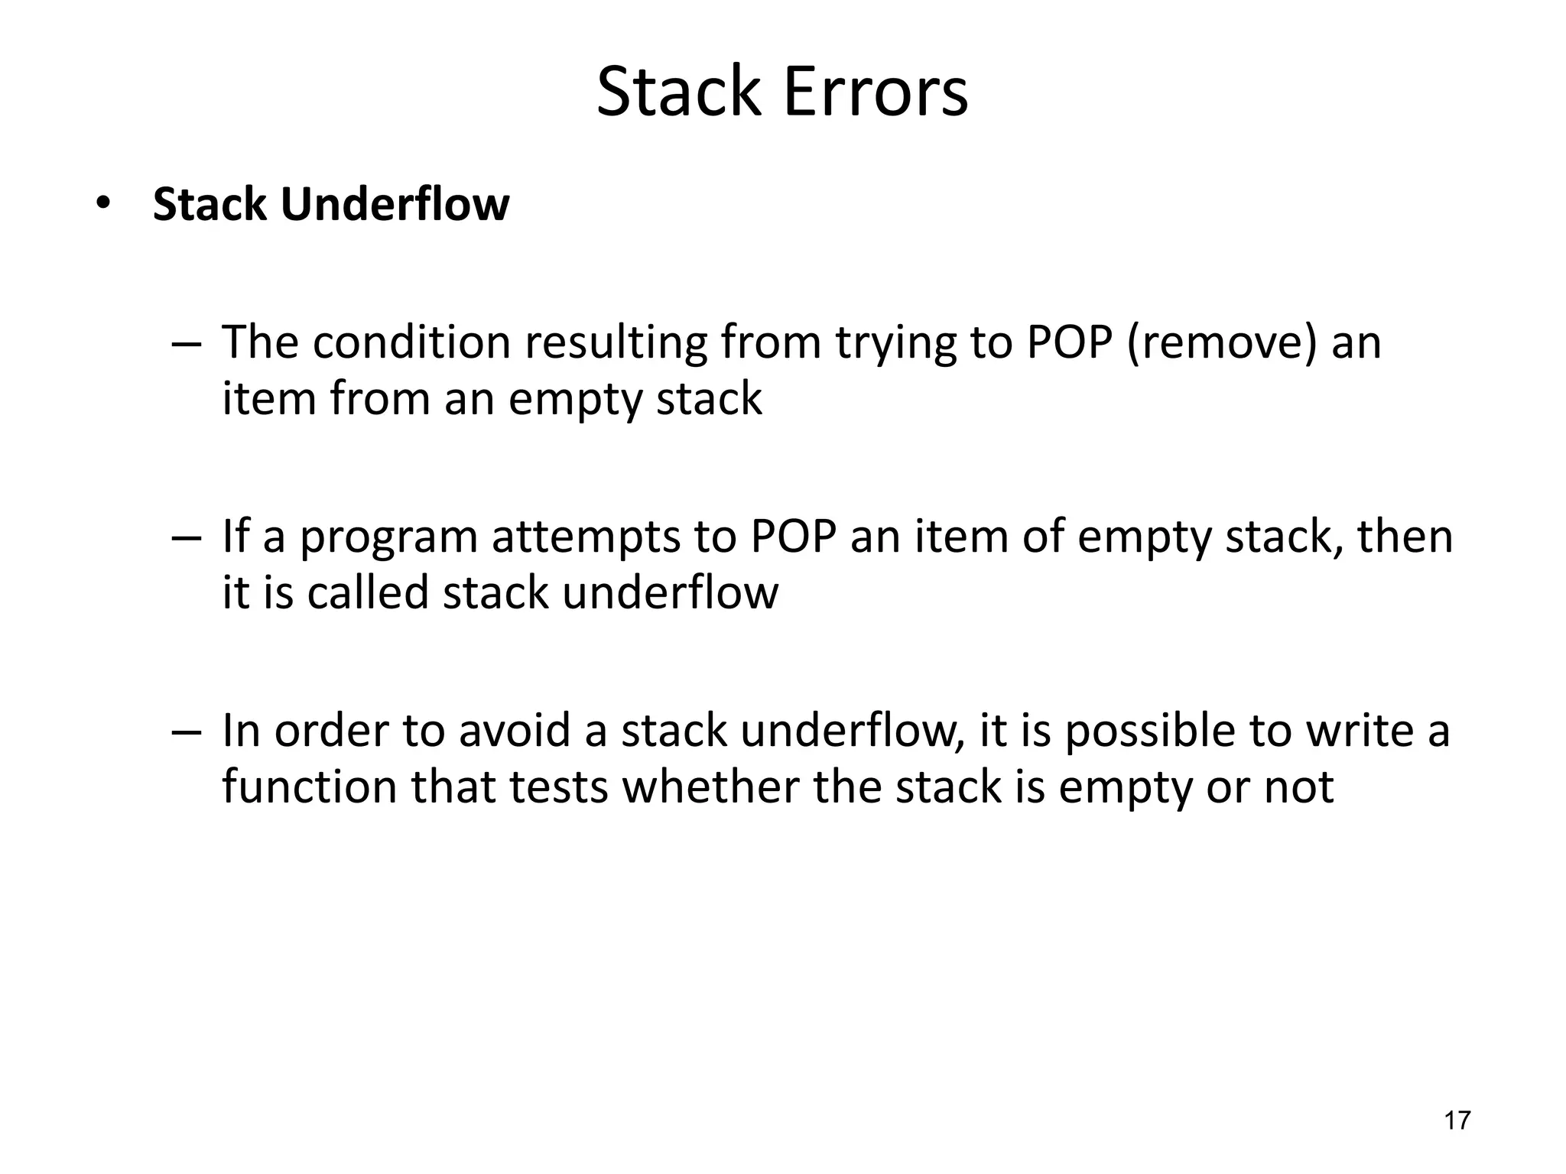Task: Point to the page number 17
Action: pyautogui.click(x=1457, y=1120)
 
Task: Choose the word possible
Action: pyautogui.click(x=1149, y=731)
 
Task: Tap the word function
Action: pyautogui.click(x=310, y=786)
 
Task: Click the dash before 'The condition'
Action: pyautogui.click(x=187, y=343)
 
